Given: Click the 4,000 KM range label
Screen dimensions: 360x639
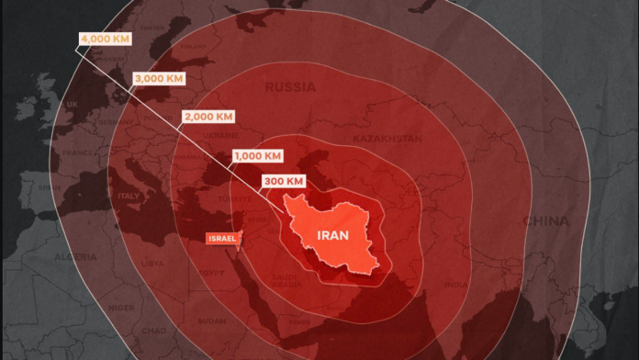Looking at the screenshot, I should [104, 39].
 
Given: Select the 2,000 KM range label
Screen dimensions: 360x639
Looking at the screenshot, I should [208, 117].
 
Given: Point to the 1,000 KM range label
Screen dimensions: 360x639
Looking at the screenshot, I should [257, 155].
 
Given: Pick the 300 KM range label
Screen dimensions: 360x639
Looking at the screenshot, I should [283, 181].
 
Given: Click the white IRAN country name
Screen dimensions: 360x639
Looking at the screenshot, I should [331, 234].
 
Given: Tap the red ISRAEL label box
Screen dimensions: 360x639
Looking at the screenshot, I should [223, 239].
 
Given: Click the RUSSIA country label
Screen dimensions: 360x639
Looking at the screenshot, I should [289, 87].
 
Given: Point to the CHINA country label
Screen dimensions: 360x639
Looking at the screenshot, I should [545, 221].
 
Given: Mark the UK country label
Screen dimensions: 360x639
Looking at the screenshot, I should [72, 105].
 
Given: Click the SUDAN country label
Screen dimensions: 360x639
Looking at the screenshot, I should [211, 321].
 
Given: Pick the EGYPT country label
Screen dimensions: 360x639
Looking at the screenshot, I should [211, 273].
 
